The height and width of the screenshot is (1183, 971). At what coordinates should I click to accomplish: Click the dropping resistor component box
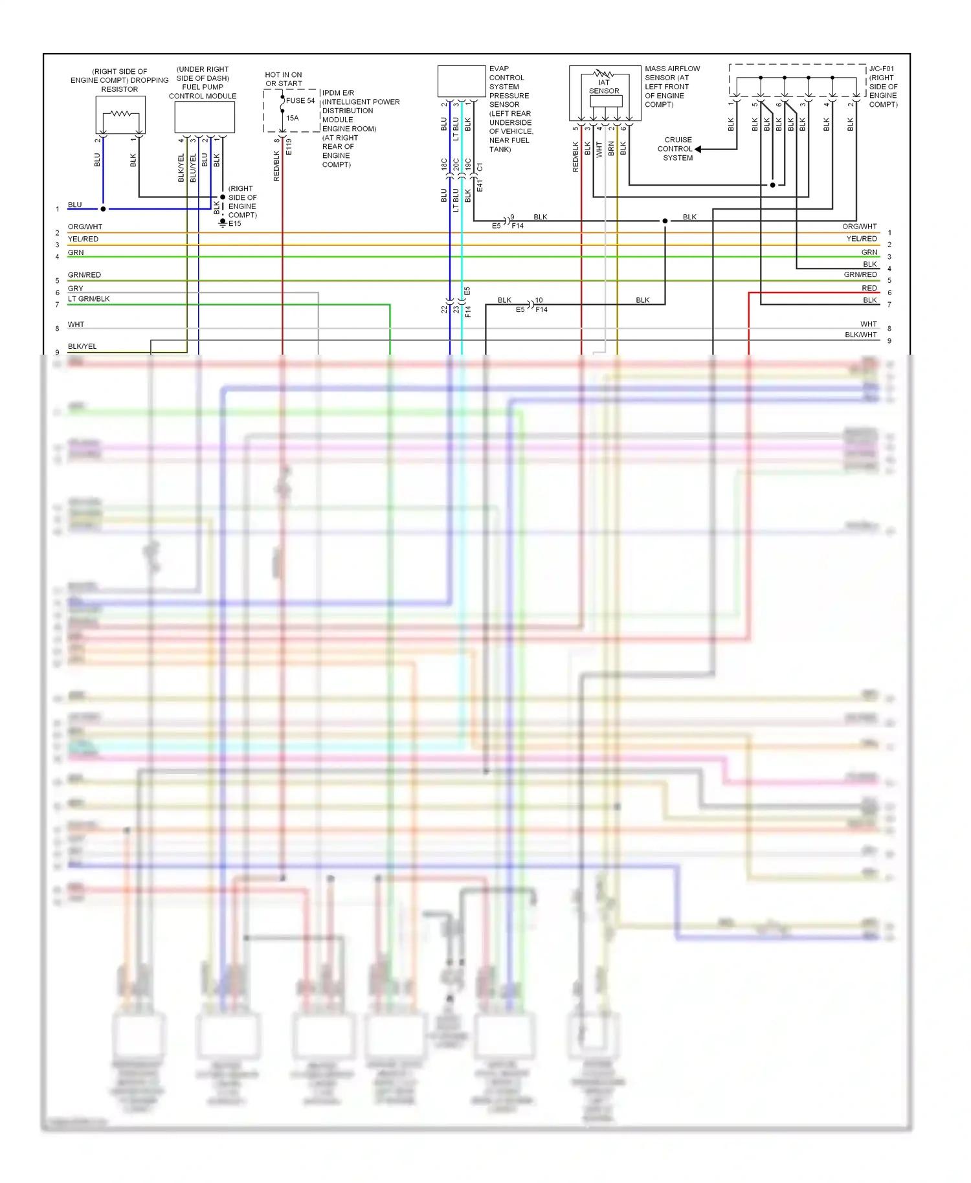click(x=120, y=115)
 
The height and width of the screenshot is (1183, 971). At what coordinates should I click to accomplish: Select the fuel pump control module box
click(x=205, y=117)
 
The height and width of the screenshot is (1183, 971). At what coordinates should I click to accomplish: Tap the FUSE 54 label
click(x=300, y=101)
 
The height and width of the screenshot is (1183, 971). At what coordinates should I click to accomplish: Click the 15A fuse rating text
click(x=293, y=118)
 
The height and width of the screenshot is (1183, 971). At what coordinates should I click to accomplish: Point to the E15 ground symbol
click(x=223, y=223)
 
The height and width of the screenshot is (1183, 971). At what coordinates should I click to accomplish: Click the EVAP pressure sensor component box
click(x=462, y=82)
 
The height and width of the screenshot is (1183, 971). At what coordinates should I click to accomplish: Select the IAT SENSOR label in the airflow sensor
click(x=604, y=87)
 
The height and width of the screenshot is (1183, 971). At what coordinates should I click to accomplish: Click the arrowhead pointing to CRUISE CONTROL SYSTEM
click(x=698, y=149)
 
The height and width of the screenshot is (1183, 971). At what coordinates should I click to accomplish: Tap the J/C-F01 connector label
click(x=881, y=69)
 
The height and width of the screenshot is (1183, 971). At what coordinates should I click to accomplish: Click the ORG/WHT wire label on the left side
click(x=85, y=227)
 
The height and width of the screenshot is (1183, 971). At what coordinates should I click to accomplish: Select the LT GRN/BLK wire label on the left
click(x=89, y=299)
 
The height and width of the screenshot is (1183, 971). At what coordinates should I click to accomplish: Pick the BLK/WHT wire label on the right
click(x=860, y=335)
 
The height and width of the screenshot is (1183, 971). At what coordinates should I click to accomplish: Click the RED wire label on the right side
click(x=869, y=289)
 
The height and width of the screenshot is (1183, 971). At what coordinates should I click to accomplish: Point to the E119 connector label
click(x=289, y=147)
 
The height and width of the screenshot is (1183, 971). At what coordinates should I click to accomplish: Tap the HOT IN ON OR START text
click(x=284, y=80)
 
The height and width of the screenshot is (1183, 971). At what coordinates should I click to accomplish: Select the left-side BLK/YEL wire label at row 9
click(x=82, y=347)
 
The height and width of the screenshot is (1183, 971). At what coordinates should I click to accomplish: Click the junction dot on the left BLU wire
click(x=103, y=209)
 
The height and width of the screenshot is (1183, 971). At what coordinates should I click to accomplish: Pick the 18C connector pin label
click(x=444, y=164)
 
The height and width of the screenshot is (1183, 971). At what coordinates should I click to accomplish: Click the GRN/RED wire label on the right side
click(x=860, y=275)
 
